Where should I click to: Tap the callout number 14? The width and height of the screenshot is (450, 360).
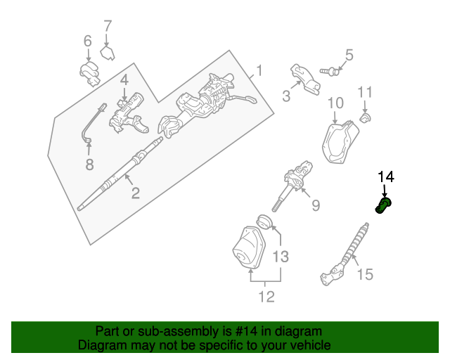point(387,176)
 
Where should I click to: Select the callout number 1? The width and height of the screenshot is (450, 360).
point(259,70)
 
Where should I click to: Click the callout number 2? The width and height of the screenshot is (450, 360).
point(135,192)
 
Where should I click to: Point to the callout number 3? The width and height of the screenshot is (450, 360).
point(286,96)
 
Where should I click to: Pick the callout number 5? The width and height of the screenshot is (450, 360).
point(349,55)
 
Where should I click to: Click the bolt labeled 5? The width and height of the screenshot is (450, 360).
point(330,70)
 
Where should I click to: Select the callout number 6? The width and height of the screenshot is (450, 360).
point(88,41)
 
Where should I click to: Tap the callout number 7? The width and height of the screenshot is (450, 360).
point(108,27)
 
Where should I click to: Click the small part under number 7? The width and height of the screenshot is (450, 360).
point(108,53)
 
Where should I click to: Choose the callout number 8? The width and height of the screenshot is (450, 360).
point(89,165)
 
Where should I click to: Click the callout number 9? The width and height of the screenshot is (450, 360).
point(316,205)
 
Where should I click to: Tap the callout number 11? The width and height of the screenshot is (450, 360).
point(364,92)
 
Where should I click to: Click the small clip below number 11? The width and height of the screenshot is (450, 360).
point(366,117)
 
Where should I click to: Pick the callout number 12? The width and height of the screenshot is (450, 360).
point(266,297)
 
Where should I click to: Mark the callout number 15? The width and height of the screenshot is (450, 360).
point(365,274)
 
